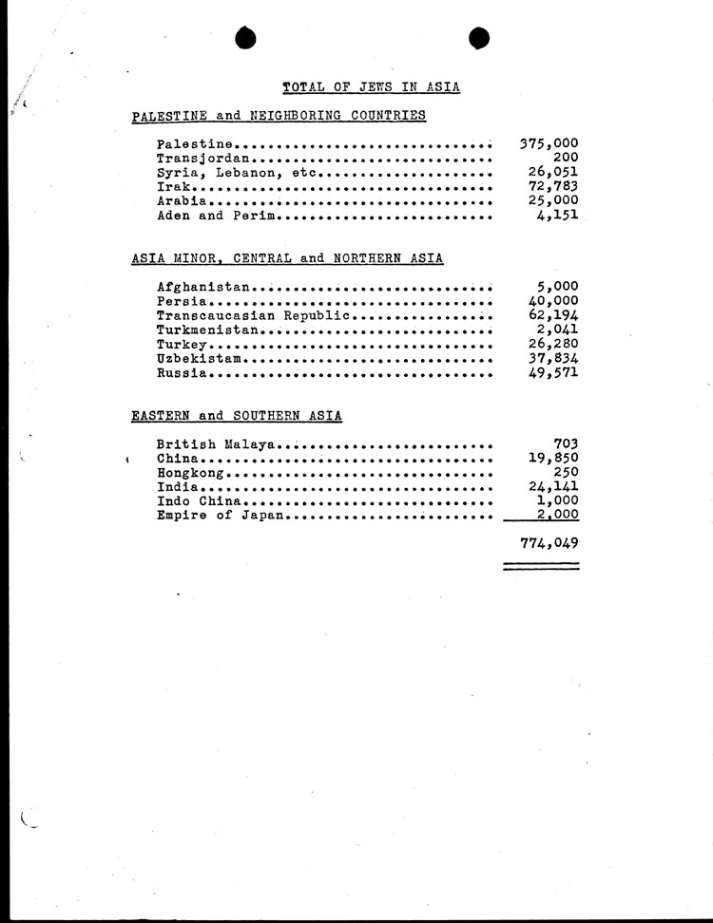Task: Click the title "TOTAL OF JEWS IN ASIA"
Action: click(372, 87)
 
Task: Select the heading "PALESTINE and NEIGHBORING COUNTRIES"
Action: click(279, 116)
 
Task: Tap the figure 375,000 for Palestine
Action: click(549, 144)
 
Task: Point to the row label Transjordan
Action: click(202, 159)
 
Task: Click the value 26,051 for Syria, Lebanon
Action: click(553, 173)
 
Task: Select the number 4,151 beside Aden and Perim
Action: click(558, 216)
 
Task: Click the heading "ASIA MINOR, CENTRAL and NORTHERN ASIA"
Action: click(287, 258)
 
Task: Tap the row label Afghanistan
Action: click(202, 287)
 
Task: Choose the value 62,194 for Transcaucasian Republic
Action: click(553, 315)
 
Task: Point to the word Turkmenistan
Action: click(207, 330)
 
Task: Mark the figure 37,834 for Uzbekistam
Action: click(553, 358)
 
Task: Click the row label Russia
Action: click(182, 372)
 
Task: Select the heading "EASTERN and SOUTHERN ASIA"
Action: click(237, 416)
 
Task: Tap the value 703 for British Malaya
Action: click(567, 443)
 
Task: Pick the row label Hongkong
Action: click(190, 472)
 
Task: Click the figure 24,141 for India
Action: click(553, 487)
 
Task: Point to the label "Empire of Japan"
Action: click(221, 516)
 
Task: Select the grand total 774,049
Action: click(549, 543)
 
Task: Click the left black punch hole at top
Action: click(246, 37)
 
